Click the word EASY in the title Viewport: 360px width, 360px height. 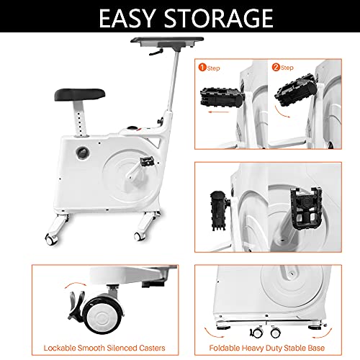click(127, 18)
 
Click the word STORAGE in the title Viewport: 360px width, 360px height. click(219, 18)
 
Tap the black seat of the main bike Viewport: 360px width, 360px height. click(80, 94)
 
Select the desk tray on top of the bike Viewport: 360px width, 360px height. click(167, 42)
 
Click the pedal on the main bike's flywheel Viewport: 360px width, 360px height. click(147, 161)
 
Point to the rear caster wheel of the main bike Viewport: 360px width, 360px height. click(50, 239)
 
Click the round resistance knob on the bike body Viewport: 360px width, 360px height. click(83, 153)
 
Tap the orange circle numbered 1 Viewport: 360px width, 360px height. click(202, 67)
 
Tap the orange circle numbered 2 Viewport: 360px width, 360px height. click(276, 67)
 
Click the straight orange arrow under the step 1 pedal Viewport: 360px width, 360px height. click(219, 112)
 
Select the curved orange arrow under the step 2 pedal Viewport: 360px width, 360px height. click(282, 112)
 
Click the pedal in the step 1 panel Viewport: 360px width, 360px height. click(222, 97)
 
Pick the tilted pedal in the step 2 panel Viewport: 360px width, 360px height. click(296, 91)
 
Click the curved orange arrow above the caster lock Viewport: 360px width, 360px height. click(76, 284)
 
